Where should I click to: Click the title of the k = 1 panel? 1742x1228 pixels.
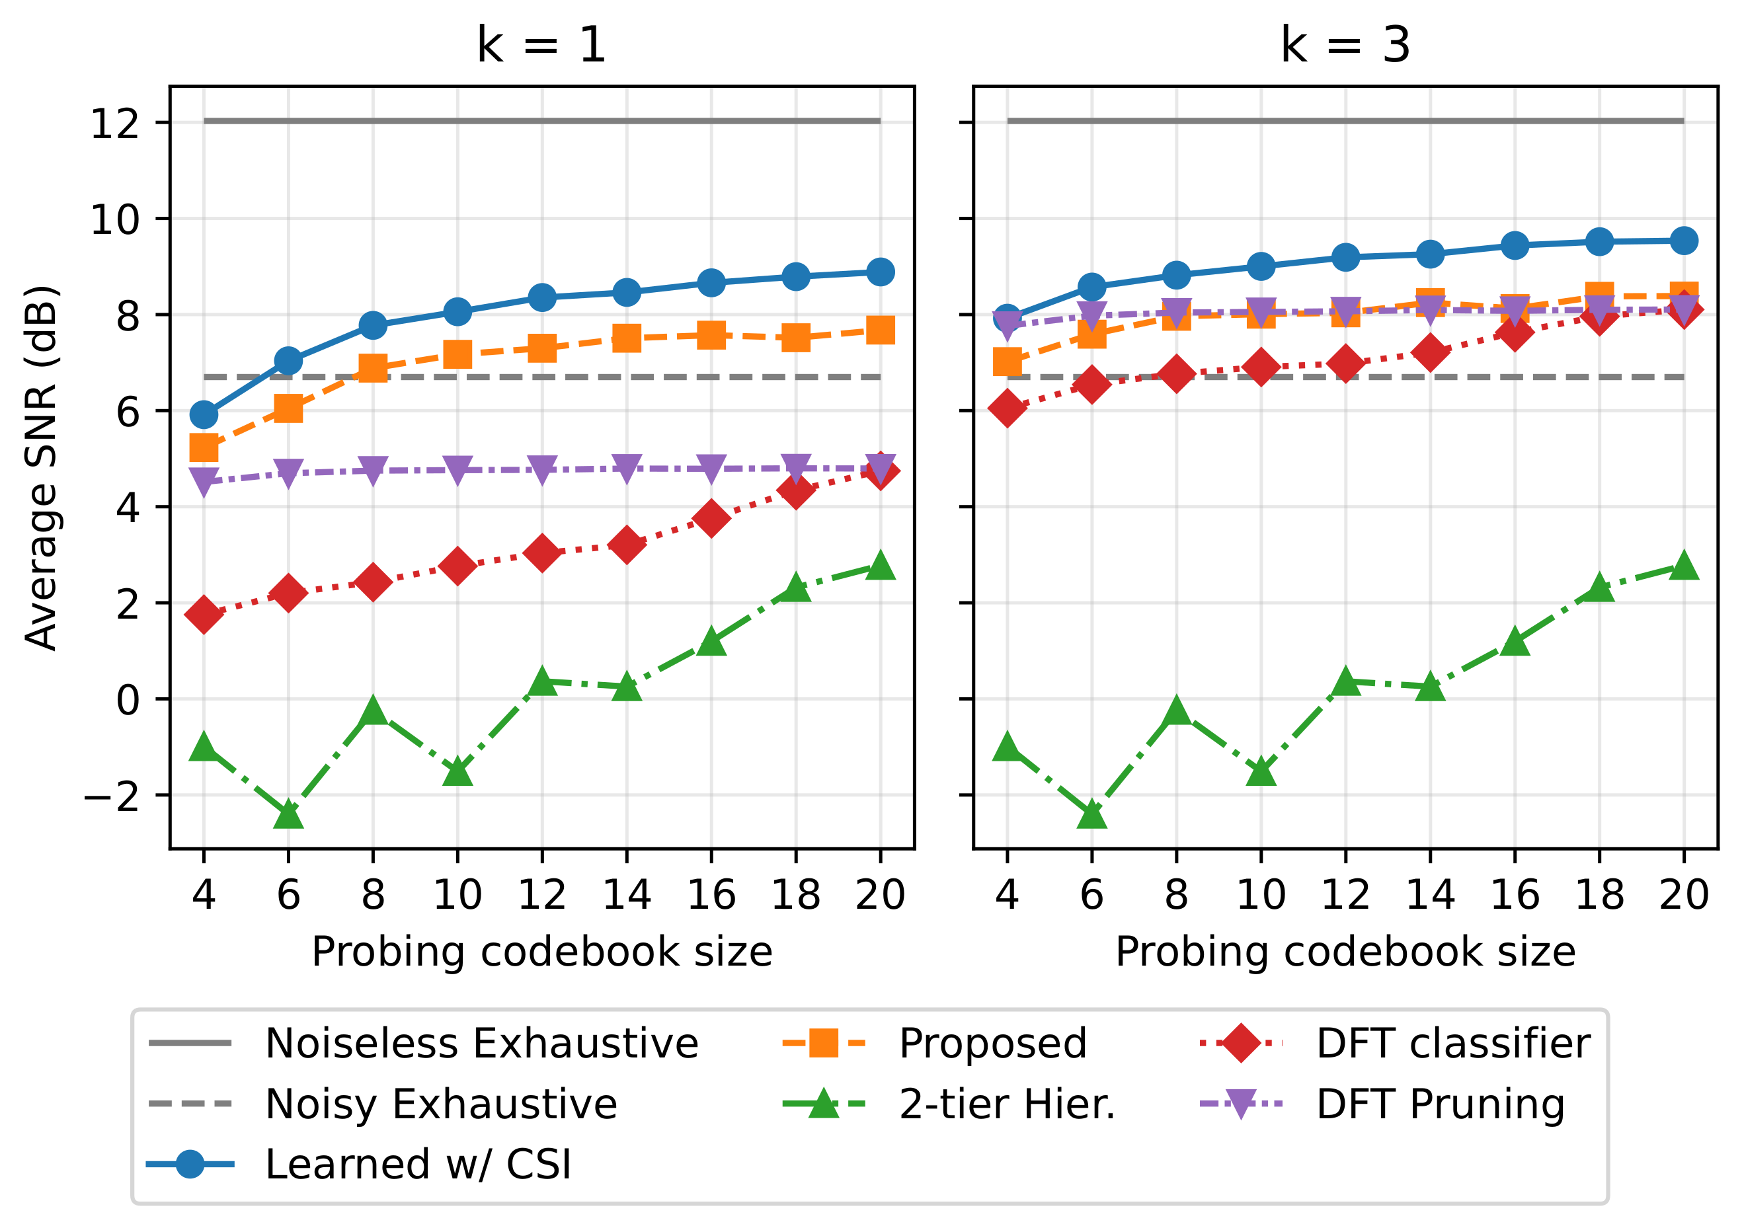point(541,45)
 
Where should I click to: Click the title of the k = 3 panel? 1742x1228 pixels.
point(1345,45)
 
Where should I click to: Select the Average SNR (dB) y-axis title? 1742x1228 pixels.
point(41,468)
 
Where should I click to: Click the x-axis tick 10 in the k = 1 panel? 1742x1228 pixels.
point(457,894)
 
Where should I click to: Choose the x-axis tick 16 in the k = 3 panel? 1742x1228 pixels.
point(1515,894)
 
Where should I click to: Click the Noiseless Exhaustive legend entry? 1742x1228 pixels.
point(481,1043)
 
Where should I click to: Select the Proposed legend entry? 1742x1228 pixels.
point(992,1043)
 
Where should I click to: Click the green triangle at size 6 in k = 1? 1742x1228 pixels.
point(288,815)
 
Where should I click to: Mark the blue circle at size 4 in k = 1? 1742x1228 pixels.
point(204,415)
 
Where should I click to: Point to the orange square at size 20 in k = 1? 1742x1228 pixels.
point(880,330)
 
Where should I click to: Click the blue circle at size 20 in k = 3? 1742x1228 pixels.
point(1684,241)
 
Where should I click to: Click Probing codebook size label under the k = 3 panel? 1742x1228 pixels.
point(1345,951)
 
